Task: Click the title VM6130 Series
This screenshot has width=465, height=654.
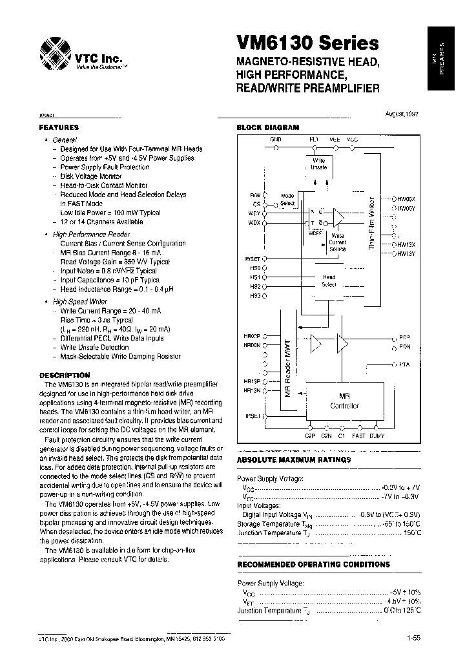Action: click(307, 44)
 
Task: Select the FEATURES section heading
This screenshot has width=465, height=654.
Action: click(59, 127)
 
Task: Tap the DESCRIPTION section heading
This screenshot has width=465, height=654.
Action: click(65, 375)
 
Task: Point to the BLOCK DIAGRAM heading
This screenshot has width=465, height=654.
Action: click(268, 127)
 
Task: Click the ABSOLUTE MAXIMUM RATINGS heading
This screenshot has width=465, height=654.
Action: click(294, 459)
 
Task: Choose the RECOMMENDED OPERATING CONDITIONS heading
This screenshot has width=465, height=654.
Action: click(313, 564)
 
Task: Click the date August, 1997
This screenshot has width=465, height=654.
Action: click(402, 114)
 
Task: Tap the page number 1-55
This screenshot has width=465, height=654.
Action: click(414, 638)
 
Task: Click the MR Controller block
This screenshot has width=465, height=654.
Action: click(344, 401)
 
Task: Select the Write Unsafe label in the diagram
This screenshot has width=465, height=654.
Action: click(319, 163)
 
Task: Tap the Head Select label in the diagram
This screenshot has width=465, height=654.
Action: click(329, 280)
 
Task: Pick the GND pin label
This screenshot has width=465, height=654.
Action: click(275, 139)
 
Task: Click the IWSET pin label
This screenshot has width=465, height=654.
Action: click(253, 258)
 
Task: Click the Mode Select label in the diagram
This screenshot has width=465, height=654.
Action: click(288, 199)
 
